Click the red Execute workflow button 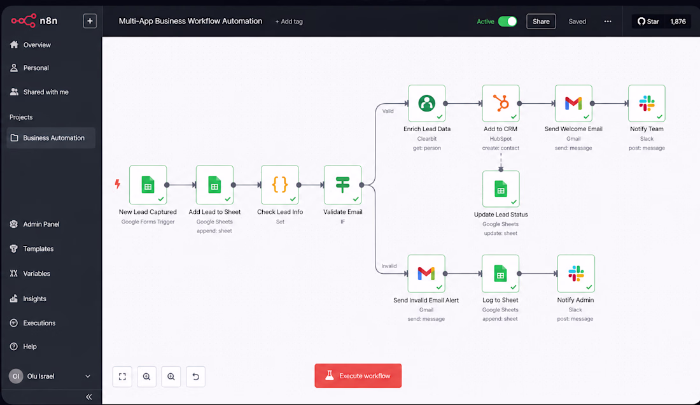click(358, 376)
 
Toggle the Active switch click(508, 22)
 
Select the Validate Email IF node click(342, 185)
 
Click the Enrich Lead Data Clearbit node click(426, 103)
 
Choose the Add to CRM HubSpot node click(500, 103)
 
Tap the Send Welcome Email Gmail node click(573, 103)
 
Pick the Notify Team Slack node click(647, 103)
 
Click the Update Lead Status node click(500, 189)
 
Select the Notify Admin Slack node click(576, 273)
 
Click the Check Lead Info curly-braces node click(280, 185)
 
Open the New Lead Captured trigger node click(148, 185)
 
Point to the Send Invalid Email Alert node click(426, 273)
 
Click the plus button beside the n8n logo click(90, 21)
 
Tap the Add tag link click(289, 22)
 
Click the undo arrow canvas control click(195, 376)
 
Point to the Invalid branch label click(389, 266)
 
